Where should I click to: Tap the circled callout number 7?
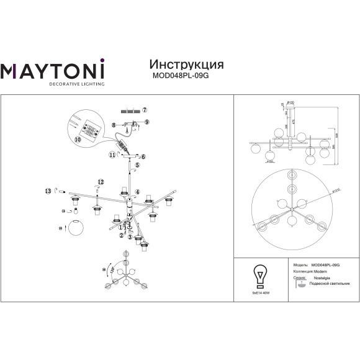[x=146, y=110]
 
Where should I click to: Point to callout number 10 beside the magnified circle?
[x=78, y=141]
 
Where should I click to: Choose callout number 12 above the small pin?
[x=99, y=181]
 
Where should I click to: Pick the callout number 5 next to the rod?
[x=137, y=166]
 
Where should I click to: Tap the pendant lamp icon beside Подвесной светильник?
[x=302, y=284]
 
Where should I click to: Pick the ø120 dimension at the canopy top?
[x=290, y=102]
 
